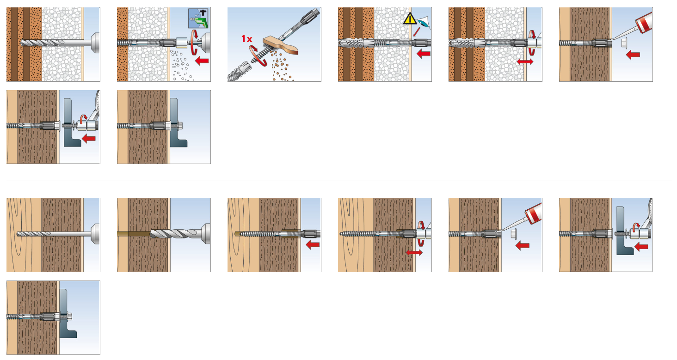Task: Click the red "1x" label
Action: (x=246, y=39)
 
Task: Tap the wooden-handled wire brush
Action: (x=280, y=46)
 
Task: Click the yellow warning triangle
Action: (x=410, y=18)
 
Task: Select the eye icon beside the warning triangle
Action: (x=424, y=22)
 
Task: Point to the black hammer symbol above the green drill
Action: (x=203, y=12)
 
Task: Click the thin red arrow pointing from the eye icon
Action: (x=417, y=32)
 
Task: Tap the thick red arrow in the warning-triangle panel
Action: (x=424, y=54)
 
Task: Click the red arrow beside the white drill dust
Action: (x=202, y=61)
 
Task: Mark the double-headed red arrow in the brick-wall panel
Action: (x=525, y=61)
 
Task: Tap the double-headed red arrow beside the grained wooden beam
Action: (x=414, y=252)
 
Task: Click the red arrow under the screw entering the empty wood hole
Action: (x=313, y=244)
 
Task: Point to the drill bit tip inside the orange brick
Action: (x=22, y=43)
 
